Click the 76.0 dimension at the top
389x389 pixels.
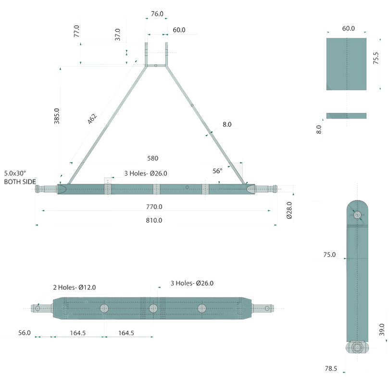[x=157, y=14]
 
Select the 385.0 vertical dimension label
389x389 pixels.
[x=57, y=116]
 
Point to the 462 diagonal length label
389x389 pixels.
[x=92, y=119]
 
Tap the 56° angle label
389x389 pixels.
[x=217, y=171]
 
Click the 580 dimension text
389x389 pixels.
[x=152, y=158]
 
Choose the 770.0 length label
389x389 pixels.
[x=154, y=207]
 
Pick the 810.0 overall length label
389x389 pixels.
[x=154, y=220]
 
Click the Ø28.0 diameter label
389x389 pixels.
[x=289, y=210]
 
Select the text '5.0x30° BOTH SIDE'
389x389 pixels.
[x=20, y=177]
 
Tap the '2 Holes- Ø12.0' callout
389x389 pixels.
[x=75, y=287]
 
